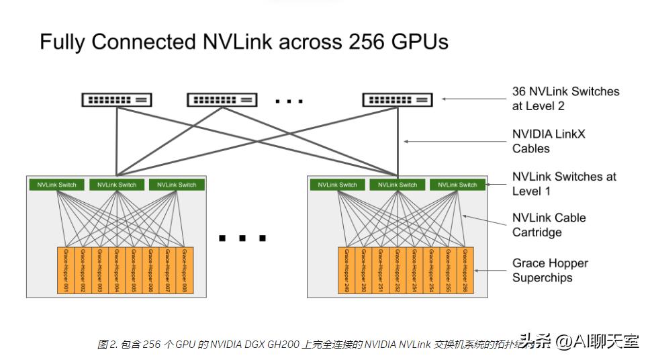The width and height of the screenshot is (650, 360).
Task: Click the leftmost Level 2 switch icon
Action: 117,100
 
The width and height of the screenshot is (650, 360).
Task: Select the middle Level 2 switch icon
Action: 222,100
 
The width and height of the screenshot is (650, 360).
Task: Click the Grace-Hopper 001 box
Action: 66,271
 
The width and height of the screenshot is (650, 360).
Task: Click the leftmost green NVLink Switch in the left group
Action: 57,185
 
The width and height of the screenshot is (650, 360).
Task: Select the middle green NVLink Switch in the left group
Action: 117,185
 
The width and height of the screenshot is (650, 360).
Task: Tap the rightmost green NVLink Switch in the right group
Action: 458,185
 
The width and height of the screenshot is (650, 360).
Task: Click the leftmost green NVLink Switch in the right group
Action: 338,185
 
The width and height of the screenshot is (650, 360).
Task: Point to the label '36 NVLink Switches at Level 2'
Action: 565,99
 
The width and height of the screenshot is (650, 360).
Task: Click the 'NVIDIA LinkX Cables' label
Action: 549,141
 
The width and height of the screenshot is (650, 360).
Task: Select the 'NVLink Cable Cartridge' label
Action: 549,225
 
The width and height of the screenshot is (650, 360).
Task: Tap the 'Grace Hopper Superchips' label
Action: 550,270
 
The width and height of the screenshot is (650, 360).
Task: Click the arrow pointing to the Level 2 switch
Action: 470,99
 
